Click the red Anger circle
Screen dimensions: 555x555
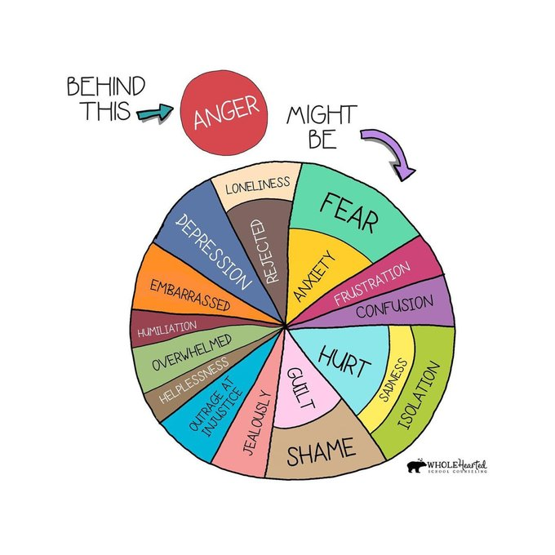point(224,112)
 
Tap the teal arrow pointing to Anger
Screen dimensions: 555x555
point(155,113)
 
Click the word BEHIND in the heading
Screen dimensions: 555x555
point(106,86)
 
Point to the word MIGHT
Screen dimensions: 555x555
point(322,115)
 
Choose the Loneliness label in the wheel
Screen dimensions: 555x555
point(258,185)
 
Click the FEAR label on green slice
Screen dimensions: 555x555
point(349,213)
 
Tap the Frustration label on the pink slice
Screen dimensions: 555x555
point(372,284)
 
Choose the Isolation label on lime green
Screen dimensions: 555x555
point(419,395)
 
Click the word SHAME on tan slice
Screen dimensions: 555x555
point(321,451)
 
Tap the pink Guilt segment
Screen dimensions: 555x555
point(301,389)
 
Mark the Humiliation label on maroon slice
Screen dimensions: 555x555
point(167,329)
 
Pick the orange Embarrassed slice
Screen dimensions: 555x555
point(184,286)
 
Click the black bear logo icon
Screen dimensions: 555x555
point(416,466)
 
